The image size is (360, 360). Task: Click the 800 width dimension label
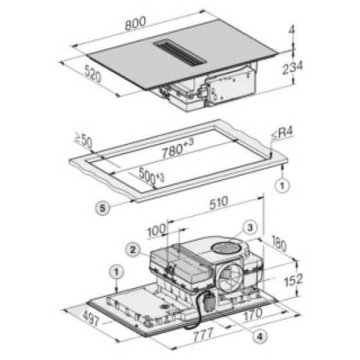coord(136,23)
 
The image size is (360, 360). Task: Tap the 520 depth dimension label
coord(93,73)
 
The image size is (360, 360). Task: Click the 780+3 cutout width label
coord(177,148)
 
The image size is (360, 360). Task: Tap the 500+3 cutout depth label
coord(151,176)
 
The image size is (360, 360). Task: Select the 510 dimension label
coord(219,203)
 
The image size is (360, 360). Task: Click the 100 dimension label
coord(156,231)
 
